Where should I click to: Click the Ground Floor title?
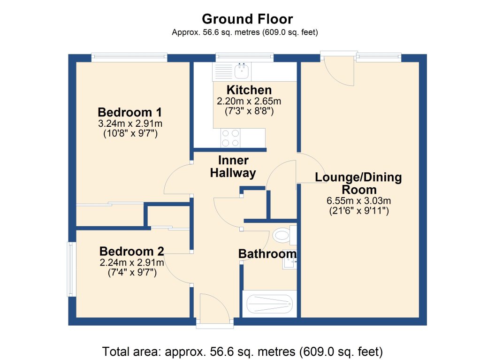247,19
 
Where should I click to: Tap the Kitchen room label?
249,90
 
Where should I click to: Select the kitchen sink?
242,72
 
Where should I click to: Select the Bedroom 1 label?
129,113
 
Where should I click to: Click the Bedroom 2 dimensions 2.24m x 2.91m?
131,262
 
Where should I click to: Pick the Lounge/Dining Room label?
358,184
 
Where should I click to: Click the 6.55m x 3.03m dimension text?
358,201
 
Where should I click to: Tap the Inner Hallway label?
233,167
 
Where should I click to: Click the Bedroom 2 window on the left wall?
71,269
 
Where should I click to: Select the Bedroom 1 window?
129,58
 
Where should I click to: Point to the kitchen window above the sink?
244,58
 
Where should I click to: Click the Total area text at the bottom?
243,351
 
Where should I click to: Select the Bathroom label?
267,254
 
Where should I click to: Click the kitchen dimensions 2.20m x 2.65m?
249,101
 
